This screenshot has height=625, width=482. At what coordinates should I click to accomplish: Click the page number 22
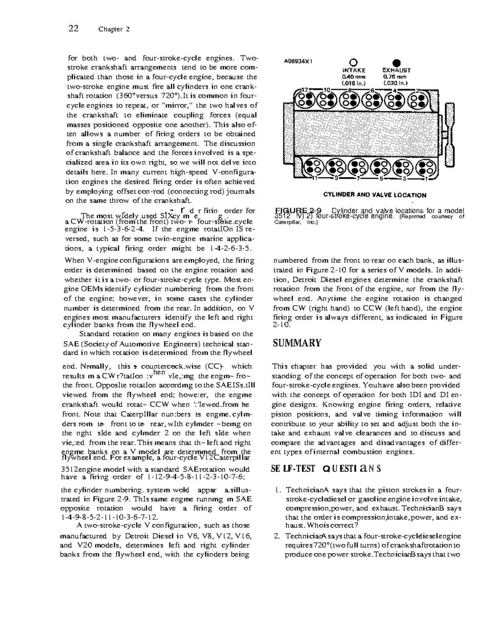point(73,28)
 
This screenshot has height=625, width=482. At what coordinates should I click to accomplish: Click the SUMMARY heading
point(297,343)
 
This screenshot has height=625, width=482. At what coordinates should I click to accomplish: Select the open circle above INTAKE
point(353,62)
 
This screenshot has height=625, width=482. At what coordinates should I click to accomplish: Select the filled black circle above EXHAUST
point(396,62)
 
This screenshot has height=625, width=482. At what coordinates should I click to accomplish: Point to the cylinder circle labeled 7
point(356,168)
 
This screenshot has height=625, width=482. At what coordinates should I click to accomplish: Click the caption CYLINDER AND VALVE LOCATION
point(374,195)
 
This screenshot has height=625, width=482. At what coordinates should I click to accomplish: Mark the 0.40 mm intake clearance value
point(353,77)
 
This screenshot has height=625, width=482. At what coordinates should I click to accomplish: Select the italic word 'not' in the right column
point(409,289)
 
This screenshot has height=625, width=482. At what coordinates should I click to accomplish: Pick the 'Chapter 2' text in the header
point(114,29)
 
